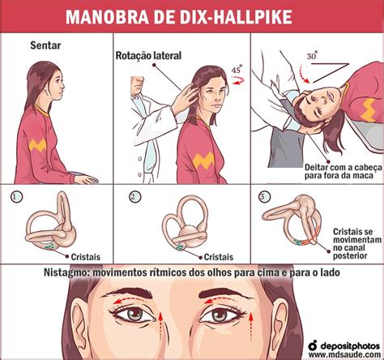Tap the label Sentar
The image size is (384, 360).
pyautogui.click(x=45, y=45)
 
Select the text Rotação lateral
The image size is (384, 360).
pyautogui.click(x=148, y=55)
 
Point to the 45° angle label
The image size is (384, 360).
pyautogui.click(x=237, y=70)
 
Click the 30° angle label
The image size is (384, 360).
pyautogui.click(x=312, y=56)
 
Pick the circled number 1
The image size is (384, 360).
pyautogui.click(x=16, y=197)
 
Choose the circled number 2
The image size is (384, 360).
pyautogui.click(x=134, y=197)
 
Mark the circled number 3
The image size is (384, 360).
pyautogui.click(x=265, y=197)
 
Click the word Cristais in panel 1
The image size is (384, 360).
pyautogui.click(x=85, y=257)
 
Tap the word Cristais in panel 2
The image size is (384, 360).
pyautogui.click(x=219, y=257)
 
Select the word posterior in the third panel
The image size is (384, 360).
pyautogui.click(x=350, y=255)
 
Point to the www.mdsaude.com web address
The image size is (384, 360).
pyautogui.click(x=344, y=354)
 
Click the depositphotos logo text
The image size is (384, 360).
pyautogui.click(x=350, y=346)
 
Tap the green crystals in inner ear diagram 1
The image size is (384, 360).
pyautogui.click(x=49, y=246)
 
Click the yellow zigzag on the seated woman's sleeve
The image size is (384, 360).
pyautogui.click(x=37, y=145)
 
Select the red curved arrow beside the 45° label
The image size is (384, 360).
pyautogui.click(x=238, y=80)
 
